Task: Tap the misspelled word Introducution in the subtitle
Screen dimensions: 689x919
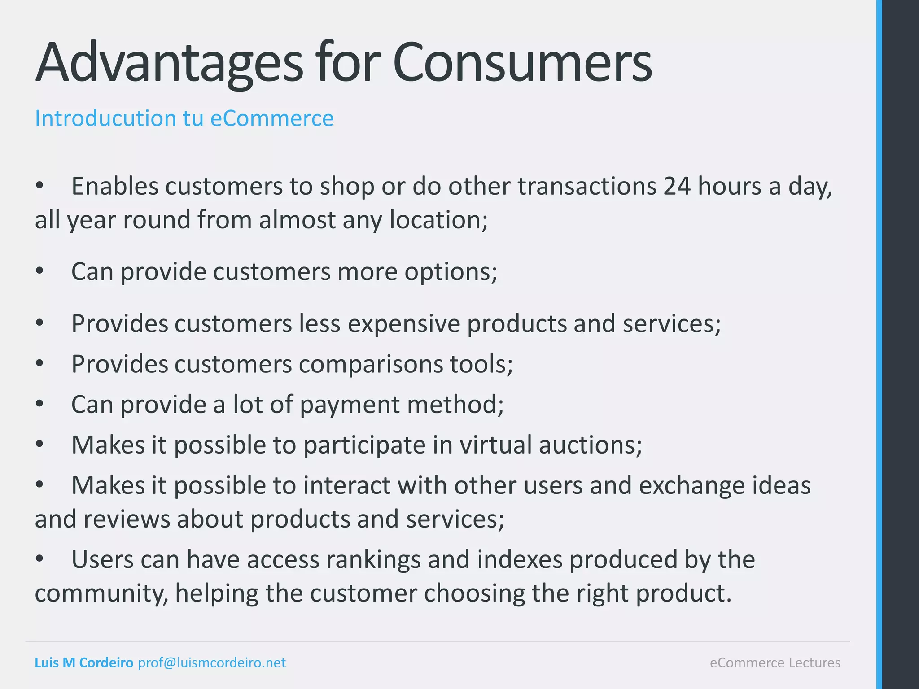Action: pos(105,118)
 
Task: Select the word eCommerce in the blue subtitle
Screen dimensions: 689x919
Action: pos(272,118)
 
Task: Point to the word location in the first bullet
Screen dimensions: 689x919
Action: pos(438,220)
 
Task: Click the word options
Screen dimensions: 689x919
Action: pos(451,272)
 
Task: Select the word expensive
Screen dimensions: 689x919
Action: pos(404,323)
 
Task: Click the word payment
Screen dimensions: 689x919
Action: pos(350,405)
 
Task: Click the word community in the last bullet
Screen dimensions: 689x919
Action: pos(101,593)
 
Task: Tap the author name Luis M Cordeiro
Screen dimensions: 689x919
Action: pos(84,663)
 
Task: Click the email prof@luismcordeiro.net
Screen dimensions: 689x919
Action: pos(212,663)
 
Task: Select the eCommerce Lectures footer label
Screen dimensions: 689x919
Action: pos(775,663)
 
